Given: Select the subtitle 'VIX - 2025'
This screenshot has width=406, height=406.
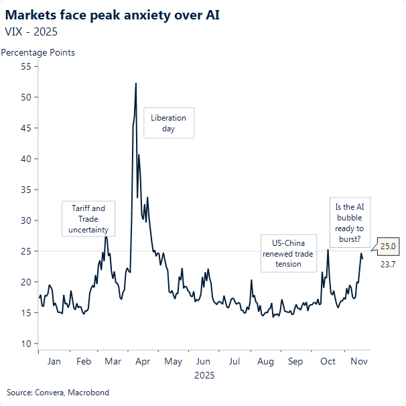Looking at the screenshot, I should [x=31, y=31].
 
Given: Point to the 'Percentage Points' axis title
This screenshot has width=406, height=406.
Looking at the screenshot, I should [x=38, y=52].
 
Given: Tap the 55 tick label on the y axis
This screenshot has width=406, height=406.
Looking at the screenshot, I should [x=26, y=66].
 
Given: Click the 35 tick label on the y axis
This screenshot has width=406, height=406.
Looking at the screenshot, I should [x=26, y=190].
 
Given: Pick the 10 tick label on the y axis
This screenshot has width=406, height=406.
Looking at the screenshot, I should [x=26, y=344].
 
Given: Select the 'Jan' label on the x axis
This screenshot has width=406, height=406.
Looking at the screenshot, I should [x=54, y=362].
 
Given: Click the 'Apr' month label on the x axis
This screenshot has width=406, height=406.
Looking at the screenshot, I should [x=143, y=362].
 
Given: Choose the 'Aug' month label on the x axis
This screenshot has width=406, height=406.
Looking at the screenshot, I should [x=265, y=362].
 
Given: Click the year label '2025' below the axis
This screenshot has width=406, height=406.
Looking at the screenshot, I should [x=204, y=376].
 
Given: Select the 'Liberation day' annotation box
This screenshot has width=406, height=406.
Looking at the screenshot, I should [x=169, y=123].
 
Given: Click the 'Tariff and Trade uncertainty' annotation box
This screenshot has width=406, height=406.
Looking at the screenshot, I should [x=88, y=219].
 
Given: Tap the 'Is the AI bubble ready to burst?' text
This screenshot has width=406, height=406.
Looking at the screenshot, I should [x=349, y=220].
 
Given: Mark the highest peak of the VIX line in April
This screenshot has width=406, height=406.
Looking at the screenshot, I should [x=136, y=84].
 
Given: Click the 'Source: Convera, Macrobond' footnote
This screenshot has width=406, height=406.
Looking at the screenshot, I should [x=58, y=392].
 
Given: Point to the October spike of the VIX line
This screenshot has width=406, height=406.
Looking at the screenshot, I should [x=328, y=251].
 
